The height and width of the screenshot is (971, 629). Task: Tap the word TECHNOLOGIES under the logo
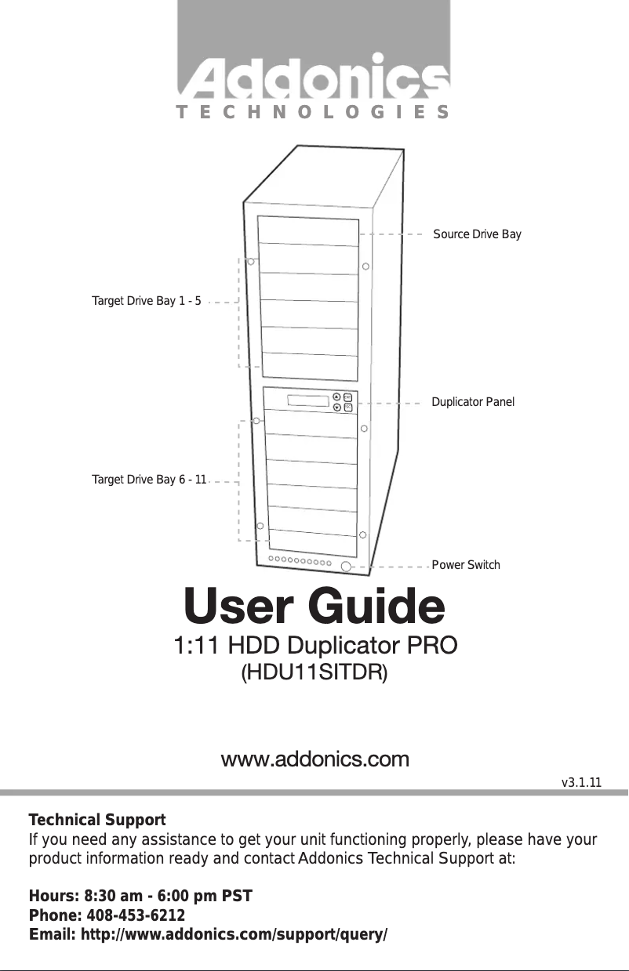click(x=313, y=111)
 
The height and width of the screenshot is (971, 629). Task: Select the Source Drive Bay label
click(x=477, y=234)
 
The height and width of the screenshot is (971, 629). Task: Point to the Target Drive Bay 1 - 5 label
click(x=147, y=301)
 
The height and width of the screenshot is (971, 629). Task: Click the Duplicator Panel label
click(x=473, y=402)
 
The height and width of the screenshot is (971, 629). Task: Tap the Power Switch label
click(x=466, y=564)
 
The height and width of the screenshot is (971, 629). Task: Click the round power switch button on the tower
click(x=347, y=564)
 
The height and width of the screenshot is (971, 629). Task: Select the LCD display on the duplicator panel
click(x=307, y=401)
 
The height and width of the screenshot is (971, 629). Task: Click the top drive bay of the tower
click(x=308, y=230)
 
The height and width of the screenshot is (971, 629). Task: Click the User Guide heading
click(x=314, y=606)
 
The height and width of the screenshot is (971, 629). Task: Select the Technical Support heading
click(x=97, y=820)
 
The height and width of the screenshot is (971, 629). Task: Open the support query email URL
click(x=208, y=935)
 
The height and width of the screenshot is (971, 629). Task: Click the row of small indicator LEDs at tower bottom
click(x=299, y=561)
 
